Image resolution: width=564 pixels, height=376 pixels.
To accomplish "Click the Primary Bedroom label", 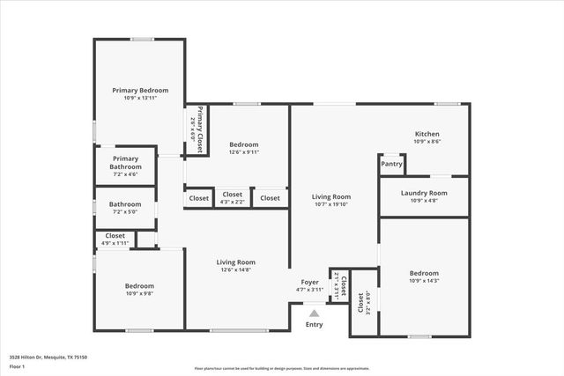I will point(140,90).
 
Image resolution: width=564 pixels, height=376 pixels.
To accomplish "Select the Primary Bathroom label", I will point(125,163).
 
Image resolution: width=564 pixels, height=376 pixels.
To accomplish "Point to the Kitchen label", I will point(427,134).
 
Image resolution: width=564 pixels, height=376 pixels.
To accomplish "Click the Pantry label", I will point(392,164).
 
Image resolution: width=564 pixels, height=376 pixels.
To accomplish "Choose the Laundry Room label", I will point(424,193).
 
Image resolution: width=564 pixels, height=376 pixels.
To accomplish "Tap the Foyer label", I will point(313,281).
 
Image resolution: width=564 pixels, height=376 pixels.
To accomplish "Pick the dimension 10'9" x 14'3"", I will point(424,282).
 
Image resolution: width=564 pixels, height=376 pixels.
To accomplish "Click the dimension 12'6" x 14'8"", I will point(236,270).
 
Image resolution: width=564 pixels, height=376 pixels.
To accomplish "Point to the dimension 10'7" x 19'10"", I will point(330,205).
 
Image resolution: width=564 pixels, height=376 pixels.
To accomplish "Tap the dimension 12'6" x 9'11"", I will point(244,152).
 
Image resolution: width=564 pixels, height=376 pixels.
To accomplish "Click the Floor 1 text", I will point(18,365).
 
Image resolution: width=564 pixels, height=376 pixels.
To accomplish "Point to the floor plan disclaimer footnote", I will point(281,369).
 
